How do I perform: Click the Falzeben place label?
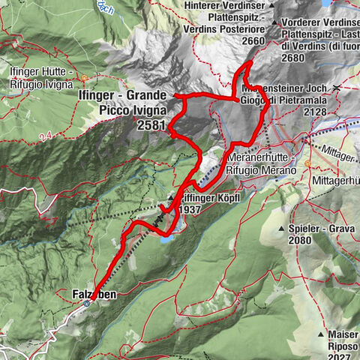click(x=95, y=295)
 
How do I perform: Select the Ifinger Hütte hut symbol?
click(x=85, y=77)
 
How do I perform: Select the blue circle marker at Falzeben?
click(x=88, y=304)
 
